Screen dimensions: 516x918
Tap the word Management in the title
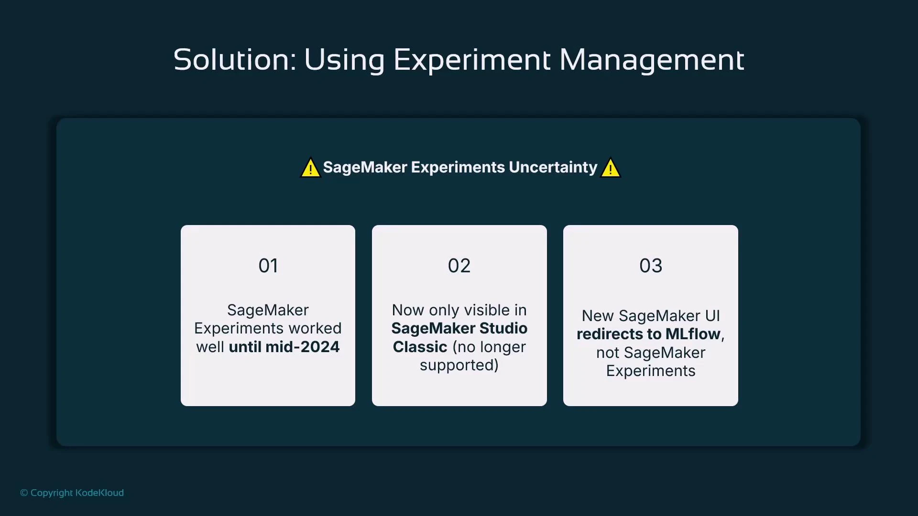651,60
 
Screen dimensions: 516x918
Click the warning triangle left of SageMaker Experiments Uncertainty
310,168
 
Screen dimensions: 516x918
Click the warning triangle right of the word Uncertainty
611,168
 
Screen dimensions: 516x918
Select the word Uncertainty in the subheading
553,167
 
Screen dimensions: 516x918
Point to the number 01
268,266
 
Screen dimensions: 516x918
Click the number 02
459,266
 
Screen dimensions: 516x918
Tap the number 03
650,266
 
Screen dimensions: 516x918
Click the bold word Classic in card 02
420,347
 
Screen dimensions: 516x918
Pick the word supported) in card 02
459,365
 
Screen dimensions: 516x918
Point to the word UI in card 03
712,316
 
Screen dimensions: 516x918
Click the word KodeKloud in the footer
99,493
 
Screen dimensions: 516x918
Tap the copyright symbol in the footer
24,493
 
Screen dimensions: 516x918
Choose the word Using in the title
344,60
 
